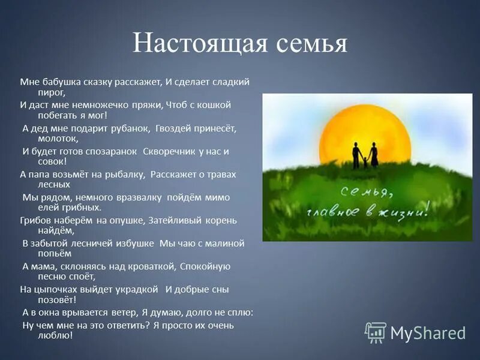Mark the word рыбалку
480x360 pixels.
click(x=123, y=174)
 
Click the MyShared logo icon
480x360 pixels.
click(x=376, y=332)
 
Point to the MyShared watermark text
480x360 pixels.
click(x=428, y=333)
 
